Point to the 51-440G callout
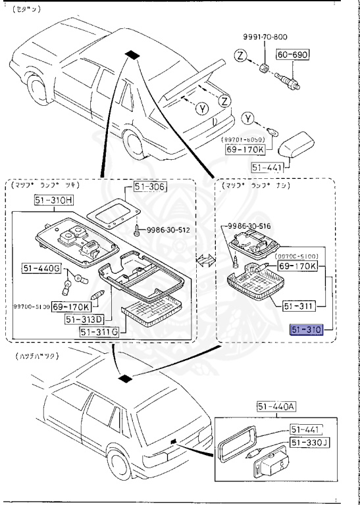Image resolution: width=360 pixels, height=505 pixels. coord(43,268)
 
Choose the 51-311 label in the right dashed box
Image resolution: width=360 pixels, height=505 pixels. coord(300,306)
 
